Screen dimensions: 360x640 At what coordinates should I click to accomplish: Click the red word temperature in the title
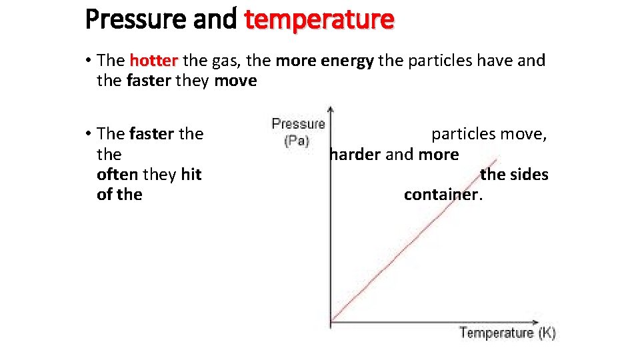point(319,19)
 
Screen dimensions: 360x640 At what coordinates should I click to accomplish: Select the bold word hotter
point(153,61)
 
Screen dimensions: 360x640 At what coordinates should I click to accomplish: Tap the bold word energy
point(348,61)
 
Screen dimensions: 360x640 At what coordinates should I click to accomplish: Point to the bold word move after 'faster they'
point(235,81)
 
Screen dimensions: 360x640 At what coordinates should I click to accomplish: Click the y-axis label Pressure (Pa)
point(297,132)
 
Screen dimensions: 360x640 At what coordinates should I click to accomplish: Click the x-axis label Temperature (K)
point(507,332)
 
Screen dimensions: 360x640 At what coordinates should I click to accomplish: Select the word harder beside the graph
point(355,155)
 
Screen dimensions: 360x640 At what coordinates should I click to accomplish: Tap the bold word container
point(441,195)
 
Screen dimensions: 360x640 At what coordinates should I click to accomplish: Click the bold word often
point(117,175)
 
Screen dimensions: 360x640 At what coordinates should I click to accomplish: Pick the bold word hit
point(191,175)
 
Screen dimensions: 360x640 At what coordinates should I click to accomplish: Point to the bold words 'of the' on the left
point(120,195)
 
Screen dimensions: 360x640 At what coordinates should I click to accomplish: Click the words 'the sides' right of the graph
point(514,175)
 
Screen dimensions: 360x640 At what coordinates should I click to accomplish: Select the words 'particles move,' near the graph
point(489,134)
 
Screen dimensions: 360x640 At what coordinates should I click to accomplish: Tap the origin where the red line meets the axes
point(331,323)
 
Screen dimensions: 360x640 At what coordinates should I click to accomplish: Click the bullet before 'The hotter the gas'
point(89,61)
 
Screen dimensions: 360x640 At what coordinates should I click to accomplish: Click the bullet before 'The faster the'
point(89,134)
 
